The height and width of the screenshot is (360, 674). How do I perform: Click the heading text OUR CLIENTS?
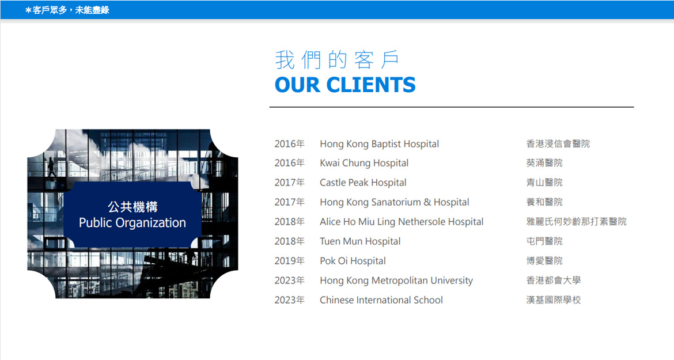[345, 85]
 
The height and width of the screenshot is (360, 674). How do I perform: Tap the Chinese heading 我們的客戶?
[338, 60]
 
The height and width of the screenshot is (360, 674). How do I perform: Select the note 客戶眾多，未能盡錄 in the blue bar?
[70, 10]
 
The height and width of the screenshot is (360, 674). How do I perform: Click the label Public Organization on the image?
[132, 223]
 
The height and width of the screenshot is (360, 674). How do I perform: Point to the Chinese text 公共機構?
[132, 207]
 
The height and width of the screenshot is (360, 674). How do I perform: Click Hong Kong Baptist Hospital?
[379, 144]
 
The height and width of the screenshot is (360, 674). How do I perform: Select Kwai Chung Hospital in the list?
[364, 163]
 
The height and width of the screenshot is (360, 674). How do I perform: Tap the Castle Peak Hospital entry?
[363, 183]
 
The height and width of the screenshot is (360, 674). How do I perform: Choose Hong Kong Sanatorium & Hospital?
[394, 202]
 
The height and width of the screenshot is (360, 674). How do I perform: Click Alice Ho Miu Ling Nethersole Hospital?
[402, 222]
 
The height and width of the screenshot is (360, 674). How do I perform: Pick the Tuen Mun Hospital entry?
[360, 241]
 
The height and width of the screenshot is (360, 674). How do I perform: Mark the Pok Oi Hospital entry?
[353, 261]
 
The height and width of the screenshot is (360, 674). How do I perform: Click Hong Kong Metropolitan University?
[396, 281]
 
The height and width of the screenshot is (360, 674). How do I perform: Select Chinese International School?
[381, 300]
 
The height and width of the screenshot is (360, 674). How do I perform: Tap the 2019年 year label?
[289, 261]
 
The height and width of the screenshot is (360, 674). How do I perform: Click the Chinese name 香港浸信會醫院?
[558, 144]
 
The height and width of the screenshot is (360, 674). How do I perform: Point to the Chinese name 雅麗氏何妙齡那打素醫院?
[577, 222]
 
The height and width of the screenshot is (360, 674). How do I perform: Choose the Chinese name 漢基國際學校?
[554, 300]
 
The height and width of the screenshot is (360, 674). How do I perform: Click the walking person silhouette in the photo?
[51, 167]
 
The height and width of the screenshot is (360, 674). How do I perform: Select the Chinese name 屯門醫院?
[544, 241]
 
